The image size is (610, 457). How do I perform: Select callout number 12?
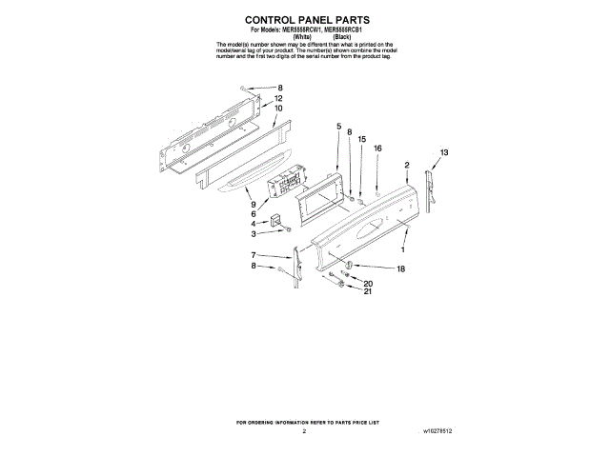(278, 99)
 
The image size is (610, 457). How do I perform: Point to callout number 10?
(278, 109)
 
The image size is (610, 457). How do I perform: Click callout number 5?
(337, 127)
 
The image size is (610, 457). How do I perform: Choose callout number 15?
(361, 140)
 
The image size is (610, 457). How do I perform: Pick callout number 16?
(377, 149)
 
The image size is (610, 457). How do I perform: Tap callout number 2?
(407, 166)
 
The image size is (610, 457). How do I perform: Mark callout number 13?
(444, 153)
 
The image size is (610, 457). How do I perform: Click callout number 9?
(254, 204)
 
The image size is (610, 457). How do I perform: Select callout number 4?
(254, 224)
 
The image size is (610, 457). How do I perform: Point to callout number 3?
(254, 234)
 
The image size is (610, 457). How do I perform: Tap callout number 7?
(254, 255)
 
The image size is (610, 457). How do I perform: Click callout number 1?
(402, 249)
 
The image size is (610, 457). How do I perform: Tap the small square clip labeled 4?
(277, 222)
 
